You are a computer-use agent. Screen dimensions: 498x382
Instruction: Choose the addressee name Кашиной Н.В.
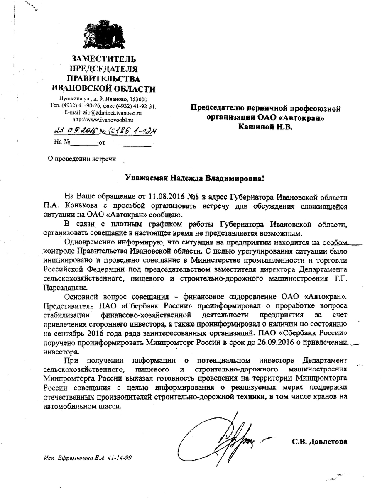(x=265, y=127)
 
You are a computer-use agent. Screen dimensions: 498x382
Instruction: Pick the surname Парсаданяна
(x=65, y=287)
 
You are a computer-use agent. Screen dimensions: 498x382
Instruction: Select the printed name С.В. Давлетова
(x=319, y=442)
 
